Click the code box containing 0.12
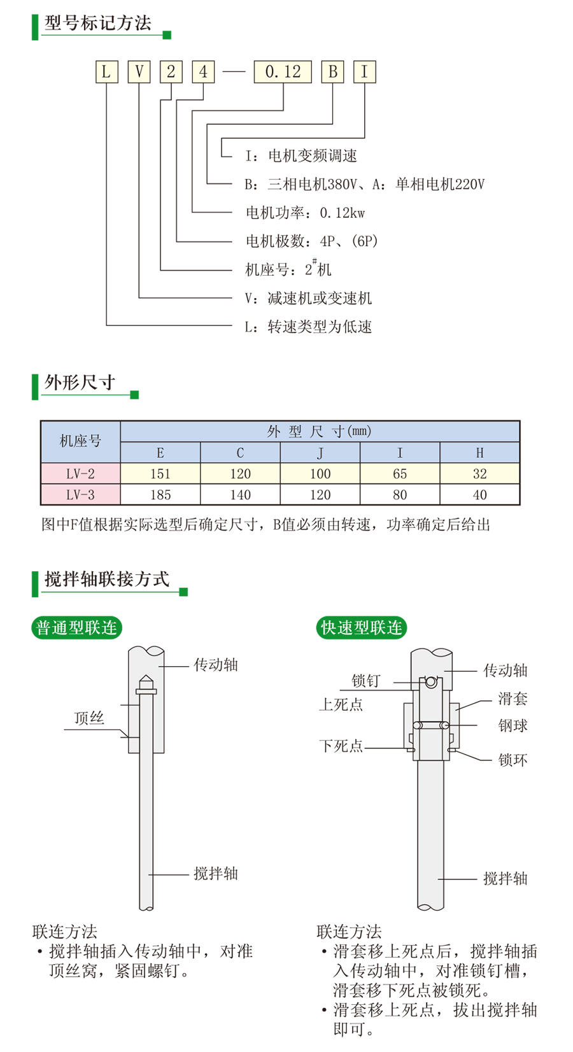283,72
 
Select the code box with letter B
332,72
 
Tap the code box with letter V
139,72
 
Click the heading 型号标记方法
98,24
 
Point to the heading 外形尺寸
80,383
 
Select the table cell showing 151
160,474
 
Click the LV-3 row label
80,495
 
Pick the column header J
320,453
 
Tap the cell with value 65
400,474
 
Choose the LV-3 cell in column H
479,495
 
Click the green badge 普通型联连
76,628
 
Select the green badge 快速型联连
361,628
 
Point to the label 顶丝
89,718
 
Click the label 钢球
513,725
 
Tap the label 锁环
513,760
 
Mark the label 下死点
341,746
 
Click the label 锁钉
365,681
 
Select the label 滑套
513,699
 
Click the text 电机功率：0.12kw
305,213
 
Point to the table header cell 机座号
80,441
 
